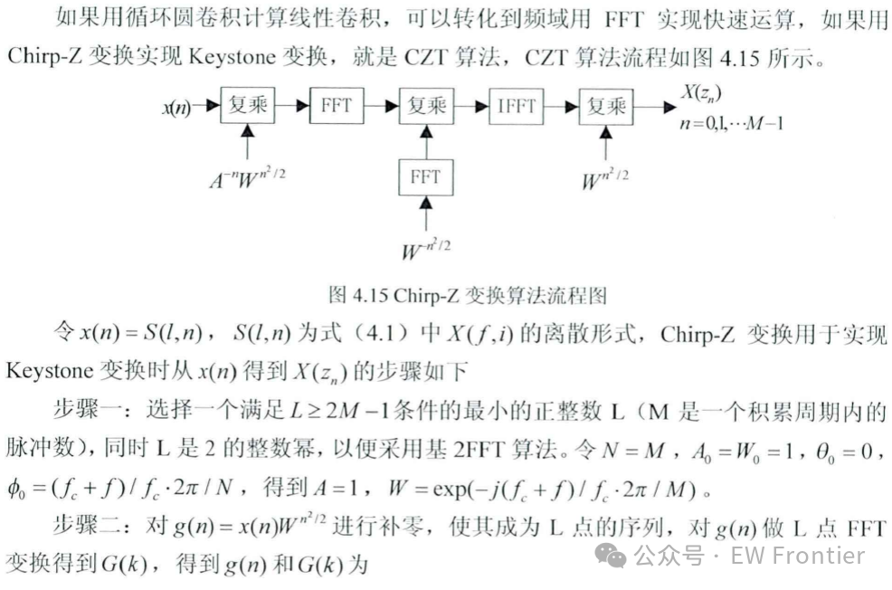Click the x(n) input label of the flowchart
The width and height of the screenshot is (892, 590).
coord(177,108)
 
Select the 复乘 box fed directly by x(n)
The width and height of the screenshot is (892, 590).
coord(248,106)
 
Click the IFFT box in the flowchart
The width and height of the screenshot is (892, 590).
coord(517,106)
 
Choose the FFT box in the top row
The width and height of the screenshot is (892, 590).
coord(337,106)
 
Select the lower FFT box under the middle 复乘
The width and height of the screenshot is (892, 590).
coord(425,176)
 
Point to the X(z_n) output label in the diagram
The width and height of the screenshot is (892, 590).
coord(705,92)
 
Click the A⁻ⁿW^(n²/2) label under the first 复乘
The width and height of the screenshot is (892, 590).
coord(246,178)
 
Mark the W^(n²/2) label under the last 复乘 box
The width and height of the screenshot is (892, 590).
coord(605,177)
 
